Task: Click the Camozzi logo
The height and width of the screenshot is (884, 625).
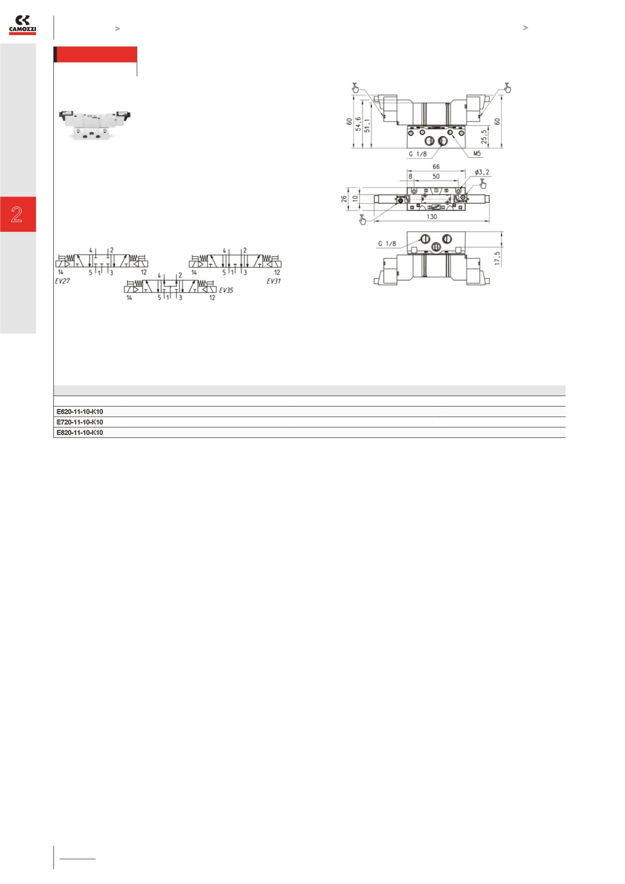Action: [x=23, y=25]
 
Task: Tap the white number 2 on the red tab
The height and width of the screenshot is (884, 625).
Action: [x=17, y=214]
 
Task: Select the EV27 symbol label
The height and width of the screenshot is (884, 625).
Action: [x=62, y=281]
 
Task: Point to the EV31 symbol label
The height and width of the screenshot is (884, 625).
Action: [x=274, y=281]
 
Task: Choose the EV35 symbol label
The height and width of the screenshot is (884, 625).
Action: [x=226, y=290]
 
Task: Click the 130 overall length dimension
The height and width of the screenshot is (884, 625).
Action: [x=432, y=217]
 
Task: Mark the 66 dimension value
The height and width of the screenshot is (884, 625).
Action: [x=436, y=166]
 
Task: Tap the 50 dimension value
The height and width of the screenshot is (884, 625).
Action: [x=436, y=176]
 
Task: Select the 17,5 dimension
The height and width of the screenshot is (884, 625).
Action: [x=497, y=257]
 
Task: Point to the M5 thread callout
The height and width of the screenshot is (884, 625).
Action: [x=476, y=154]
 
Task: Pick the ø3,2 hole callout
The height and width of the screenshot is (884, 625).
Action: [x=482, y=172]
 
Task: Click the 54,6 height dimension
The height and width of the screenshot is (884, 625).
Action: [x=358, y=124]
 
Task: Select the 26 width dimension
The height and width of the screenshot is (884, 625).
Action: [x=345, y=199]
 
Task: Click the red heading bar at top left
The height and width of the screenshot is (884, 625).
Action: [x=96, y=55]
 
